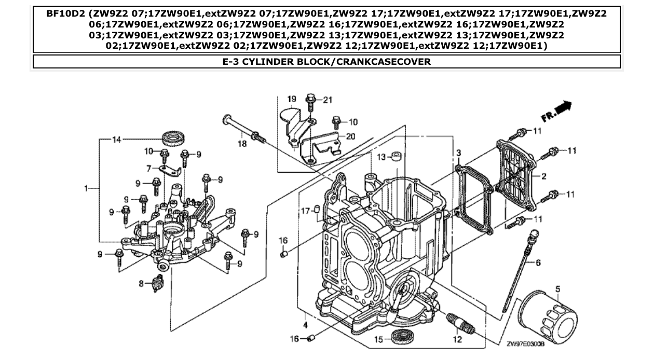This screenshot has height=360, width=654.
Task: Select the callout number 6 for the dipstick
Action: tap(538, 263)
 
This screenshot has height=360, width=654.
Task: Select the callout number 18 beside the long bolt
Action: tap(242, 144)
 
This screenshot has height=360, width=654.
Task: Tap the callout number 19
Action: tap(291, 99)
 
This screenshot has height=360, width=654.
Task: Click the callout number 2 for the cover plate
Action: tap(543, 176)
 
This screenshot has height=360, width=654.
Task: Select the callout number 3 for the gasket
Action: tap(459, 153)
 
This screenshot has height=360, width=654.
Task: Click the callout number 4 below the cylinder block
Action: tap(306, 325)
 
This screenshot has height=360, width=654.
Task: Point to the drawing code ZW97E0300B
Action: tap(524, 343)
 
